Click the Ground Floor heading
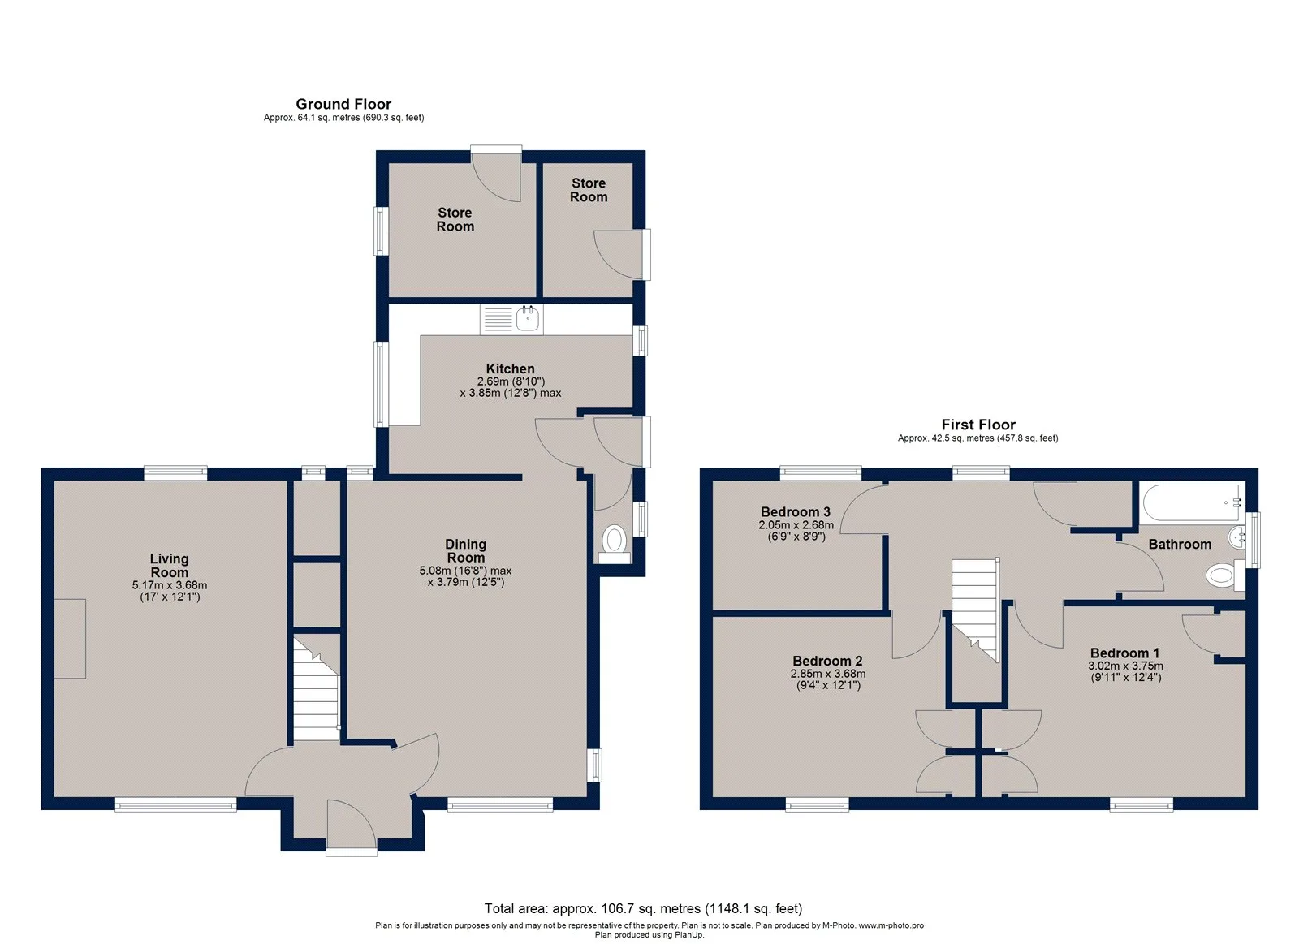point(343,104)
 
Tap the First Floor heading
point(978,425)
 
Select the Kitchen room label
point(511,369)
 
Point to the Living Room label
point(170,566)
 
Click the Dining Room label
point(466,551)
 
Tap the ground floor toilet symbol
point(614,544)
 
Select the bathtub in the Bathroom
point(1193,502)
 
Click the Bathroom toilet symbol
point(1225,575)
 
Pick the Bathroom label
point(1180,544)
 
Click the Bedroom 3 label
point(796,512)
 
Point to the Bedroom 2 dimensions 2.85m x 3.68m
point(828,674)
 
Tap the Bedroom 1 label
point(1125,653)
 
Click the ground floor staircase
point(316,689)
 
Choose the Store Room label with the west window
point(455,220)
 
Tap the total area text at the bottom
point(643,908)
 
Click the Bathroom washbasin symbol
point(1237,538)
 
